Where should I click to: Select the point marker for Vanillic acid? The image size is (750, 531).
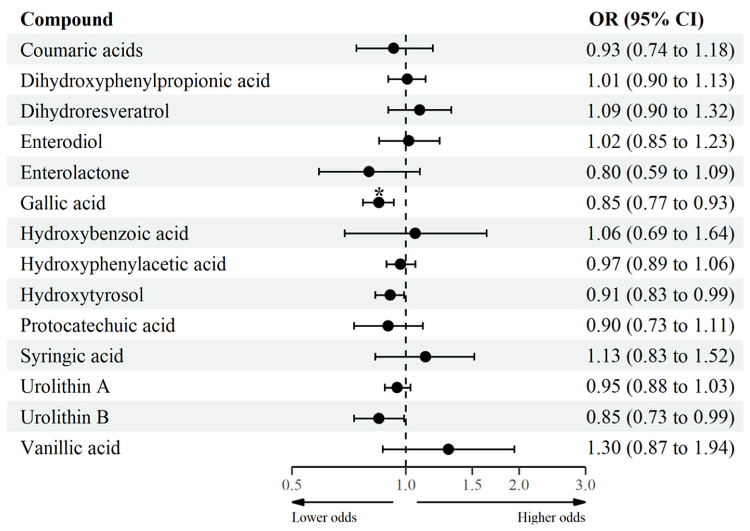448,449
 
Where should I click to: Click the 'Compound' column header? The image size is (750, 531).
67,20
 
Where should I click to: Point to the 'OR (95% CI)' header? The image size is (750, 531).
646,20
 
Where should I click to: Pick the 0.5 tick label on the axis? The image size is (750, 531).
291,485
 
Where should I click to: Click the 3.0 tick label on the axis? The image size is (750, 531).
585,485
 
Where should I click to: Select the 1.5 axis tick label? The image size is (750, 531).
472,485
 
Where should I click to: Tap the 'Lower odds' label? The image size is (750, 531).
324,517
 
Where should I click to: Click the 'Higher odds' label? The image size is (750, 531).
551,517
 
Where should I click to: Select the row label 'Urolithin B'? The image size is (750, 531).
65,417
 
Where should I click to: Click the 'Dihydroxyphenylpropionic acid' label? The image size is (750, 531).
145,81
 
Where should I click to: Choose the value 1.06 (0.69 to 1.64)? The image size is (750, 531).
660,234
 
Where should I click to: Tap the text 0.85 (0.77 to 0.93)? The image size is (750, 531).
660,203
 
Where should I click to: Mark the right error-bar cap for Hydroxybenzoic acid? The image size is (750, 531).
487,234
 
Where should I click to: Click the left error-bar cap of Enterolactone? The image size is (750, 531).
319,172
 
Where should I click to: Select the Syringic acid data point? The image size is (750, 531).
425,357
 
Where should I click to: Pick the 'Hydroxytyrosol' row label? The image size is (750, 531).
82,295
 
